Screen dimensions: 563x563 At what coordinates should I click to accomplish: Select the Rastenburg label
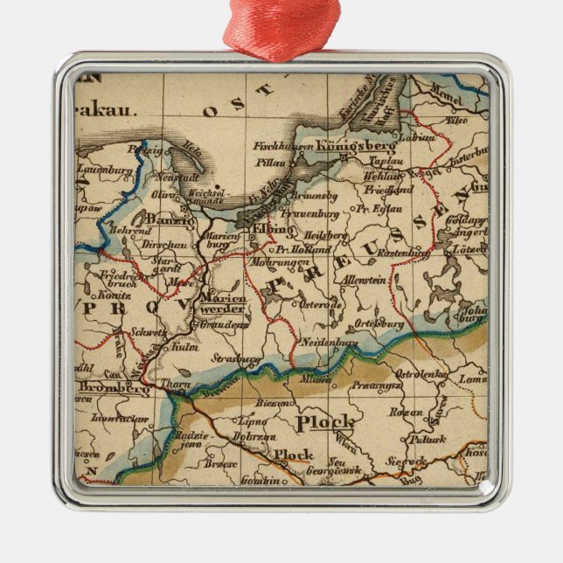pyautogui.click(x=402, y=253)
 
